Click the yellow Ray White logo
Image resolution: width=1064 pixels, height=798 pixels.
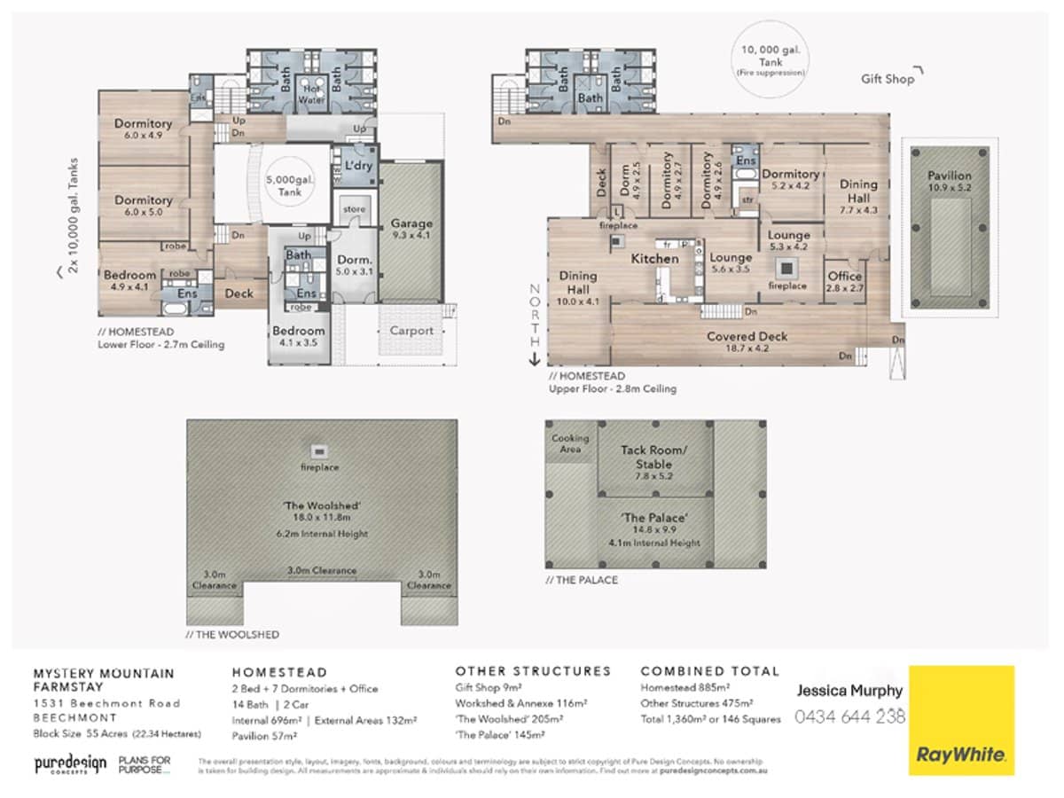pos(962,720)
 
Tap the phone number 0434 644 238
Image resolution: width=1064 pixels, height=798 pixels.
pos(849,716)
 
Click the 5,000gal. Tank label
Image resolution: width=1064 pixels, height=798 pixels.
pos(284,185)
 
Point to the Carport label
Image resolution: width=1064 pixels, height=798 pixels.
pos(411,331)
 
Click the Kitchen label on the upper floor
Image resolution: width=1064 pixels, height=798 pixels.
pos(654,258)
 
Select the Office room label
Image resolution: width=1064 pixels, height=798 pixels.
pos(844,282)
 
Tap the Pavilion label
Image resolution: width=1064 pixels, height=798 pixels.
pos(950,182)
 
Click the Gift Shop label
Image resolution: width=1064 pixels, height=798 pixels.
pos(887,79)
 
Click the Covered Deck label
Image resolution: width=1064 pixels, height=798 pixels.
pos(747,342)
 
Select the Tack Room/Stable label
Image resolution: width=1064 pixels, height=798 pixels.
pos(653,463)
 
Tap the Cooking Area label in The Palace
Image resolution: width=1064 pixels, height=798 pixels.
pos(570,443)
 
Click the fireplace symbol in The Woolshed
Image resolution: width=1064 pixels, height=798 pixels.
pos(320,450)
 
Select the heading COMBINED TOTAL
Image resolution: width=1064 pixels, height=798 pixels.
pos(709,671)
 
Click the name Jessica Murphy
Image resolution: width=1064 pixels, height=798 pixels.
pos(849,691)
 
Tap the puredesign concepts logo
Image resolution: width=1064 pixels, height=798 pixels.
pos(70,764)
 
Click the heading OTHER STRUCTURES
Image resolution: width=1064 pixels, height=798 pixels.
pos(533,671)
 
